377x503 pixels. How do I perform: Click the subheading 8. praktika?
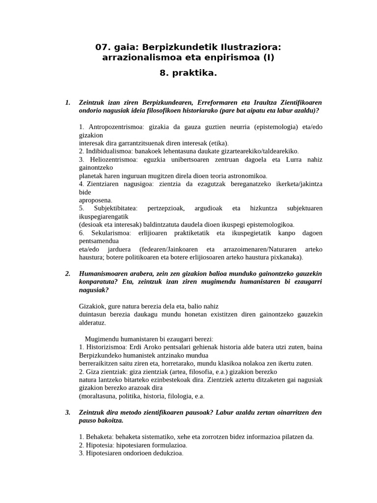pos(188,73)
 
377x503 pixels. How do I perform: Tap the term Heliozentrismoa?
pos(113,160)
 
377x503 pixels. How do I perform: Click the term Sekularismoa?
pos(112,232)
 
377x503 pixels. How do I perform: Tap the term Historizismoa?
pos(109,347)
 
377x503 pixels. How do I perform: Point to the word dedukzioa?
pos(166,453)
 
